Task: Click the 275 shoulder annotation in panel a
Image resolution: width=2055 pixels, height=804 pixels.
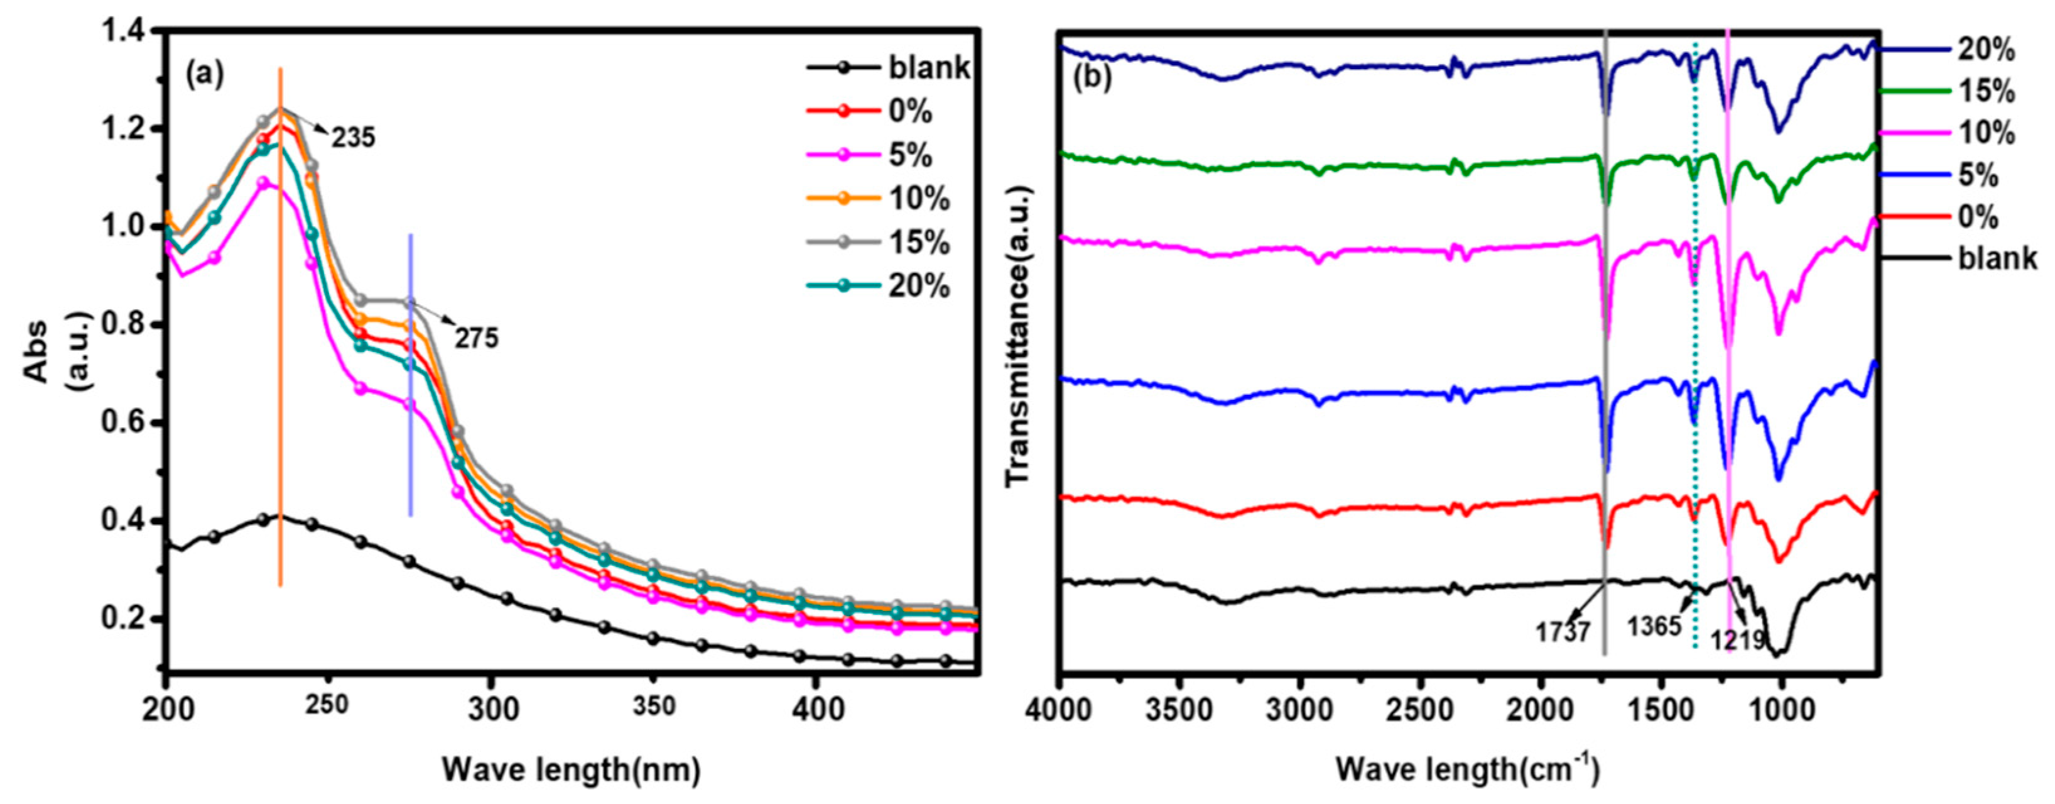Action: pos(476,339)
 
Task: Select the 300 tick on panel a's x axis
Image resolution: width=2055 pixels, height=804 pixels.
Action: pos(491,709)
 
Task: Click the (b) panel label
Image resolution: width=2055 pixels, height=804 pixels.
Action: pos(1092,79)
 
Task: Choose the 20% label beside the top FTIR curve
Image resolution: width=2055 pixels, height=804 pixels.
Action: pos(1985,50)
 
